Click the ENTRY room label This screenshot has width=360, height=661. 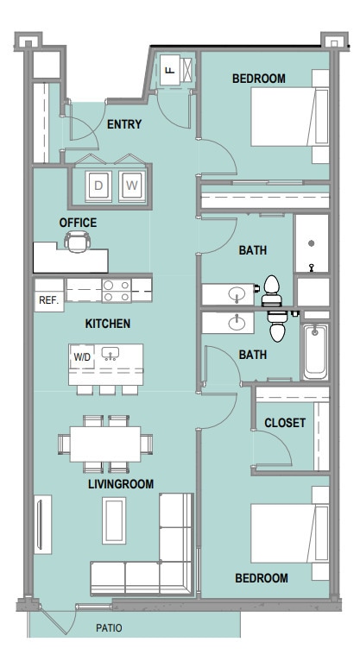point(124,124)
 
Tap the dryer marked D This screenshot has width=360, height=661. point(98,184)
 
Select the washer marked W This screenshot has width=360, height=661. point(131,184)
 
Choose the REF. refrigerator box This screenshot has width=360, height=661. point(47,300)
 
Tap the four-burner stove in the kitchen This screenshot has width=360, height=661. point(116,290)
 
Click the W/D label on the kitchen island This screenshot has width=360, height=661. point(82,356)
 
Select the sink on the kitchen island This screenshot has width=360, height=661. point(110,354)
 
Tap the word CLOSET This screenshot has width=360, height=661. point(284,423)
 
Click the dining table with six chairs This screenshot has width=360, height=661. point(104,444)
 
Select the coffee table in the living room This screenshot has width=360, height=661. point(115,523)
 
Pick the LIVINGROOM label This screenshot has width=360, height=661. point(121,485)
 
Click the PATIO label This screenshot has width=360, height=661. point(110,627)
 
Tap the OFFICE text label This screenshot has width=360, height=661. point(78,223)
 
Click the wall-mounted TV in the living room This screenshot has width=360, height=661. point(39,526)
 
